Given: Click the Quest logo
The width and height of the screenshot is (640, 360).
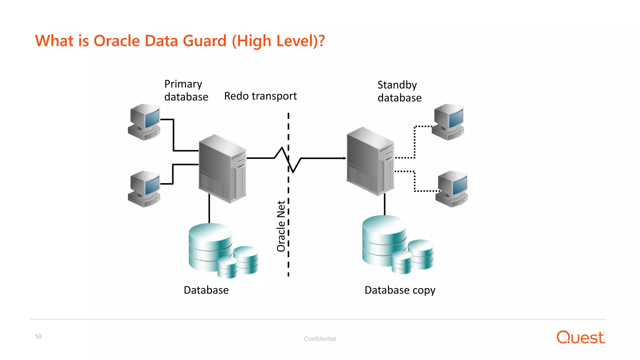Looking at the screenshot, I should click(x=580, y=337).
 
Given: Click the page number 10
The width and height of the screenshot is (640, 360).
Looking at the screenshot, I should click(x=38, y=337).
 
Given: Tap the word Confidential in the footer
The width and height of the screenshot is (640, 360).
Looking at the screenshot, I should click(x=320, y=339).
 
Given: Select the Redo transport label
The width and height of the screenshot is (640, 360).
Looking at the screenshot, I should click(x=260, y=96).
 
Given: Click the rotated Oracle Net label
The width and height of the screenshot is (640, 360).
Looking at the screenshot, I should click(x=281, y=226).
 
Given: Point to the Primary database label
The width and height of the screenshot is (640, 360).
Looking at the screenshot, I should click(x=186, y=90).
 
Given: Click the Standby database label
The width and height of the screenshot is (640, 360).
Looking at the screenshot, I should click(x=399, y=91).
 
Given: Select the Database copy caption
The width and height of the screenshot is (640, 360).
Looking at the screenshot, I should click(x=400, y=290).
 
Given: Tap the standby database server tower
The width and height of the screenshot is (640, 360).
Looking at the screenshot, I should click(x=370, y=161).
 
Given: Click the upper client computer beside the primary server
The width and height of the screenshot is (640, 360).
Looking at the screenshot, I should click(x=145, y=122).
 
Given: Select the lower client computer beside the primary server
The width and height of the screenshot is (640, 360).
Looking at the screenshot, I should click(x=145, y=189).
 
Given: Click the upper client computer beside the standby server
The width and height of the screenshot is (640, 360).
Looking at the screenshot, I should click(x=448, y=122).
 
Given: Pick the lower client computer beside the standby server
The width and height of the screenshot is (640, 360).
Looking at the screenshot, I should click(x=452, y=189).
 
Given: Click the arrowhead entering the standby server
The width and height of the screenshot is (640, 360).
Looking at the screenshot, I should click(x=345, y=158).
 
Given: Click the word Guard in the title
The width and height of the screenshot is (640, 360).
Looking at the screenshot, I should click(x=204, y=41).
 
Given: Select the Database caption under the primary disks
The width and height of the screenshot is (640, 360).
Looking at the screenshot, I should click(x=206, y=290).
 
